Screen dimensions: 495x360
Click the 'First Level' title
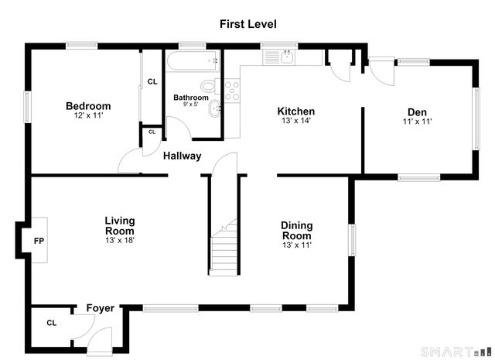(248, 24)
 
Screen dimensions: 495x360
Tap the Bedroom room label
(88, 106)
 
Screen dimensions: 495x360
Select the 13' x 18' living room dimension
(120, 240)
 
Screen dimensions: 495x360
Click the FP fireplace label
(39, 241)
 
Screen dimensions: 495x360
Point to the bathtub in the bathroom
(193, 60)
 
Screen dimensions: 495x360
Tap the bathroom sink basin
(215, 108)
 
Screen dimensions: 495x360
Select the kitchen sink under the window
(278, 57)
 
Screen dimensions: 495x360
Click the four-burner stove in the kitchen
(232, 91)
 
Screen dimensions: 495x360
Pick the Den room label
(417, 112)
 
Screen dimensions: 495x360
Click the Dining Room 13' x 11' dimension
(297, 245)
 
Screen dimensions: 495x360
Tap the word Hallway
(183, 156)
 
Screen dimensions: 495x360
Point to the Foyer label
(101, 308)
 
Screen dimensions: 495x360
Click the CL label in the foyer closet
(52, 323)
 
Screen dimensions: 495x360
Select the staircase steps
(224, 247)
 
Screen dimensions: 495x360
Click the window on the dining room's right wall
(352, 240)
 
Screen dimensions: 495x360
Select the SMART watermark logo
(456, 351)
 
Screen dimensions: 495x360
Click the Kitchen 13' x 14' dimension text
(296, 121)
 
